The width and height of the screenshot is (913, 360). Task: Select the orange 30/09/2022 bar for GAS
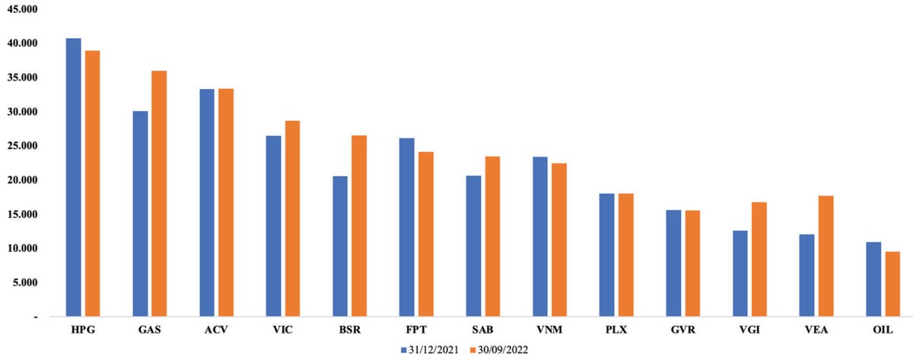click(158, 193)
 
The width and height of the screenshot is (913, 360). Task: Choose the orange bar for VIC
click(291, 218)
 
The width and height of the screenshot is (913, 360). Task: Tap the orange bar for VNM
click(558, 239)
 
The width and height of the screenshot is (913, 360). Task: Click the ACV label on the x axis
click(215, 330)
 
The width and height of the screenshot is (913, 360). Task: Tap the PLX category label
click(616, 330)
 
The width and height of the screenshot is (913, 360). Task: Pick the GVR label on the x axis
click(682, 330)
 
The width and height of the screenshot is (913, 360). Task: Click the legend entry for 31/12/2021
click(428, 351)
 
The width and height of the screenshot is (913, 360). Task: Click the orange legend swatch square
click(472, 351)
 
